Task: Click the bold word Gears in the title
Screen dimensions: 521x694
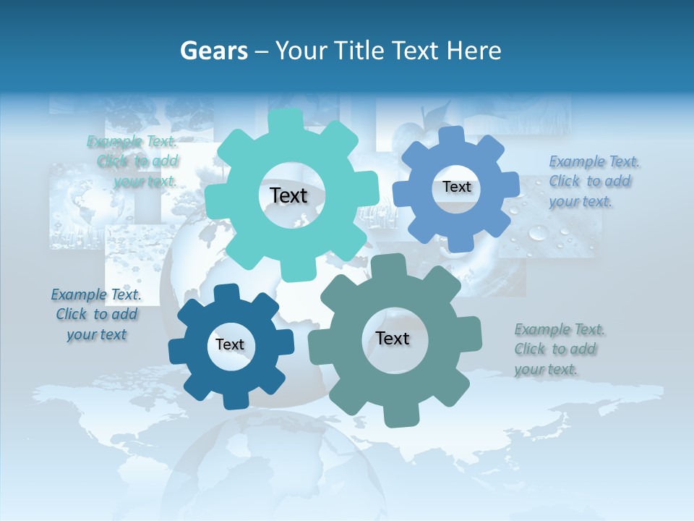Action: click(x=214, y=51)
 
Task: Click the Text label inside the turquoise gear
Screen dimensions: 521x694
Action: click(x=288, y=195)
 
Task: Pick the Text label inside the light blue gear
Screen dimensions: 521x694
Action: click(x=456, y=187)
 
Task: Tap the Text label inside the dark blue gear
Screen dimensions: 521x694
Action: click(x=229, y=344)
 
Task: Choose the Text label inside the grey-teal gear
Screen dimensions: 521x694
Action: click(x=393, y=338)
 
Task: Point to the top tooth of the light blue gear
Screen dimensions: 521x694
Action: click(x=451, y=136)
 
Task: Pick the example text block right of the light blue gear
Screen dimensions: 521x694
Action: click(x=591, y=181)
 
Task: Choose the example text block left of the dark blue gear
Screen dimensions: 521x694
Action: click(x=96, y=314)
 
